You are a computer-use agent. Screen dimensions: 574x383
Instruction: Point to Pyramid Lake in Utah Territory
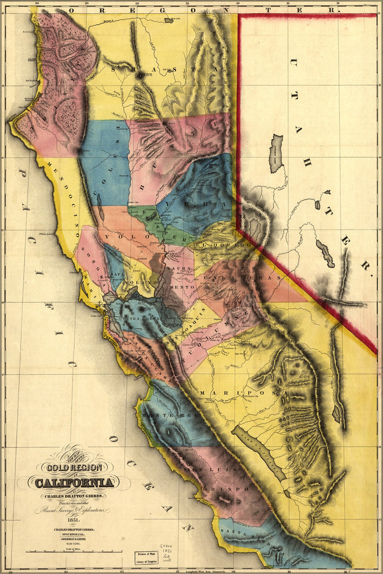point(277,154)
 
